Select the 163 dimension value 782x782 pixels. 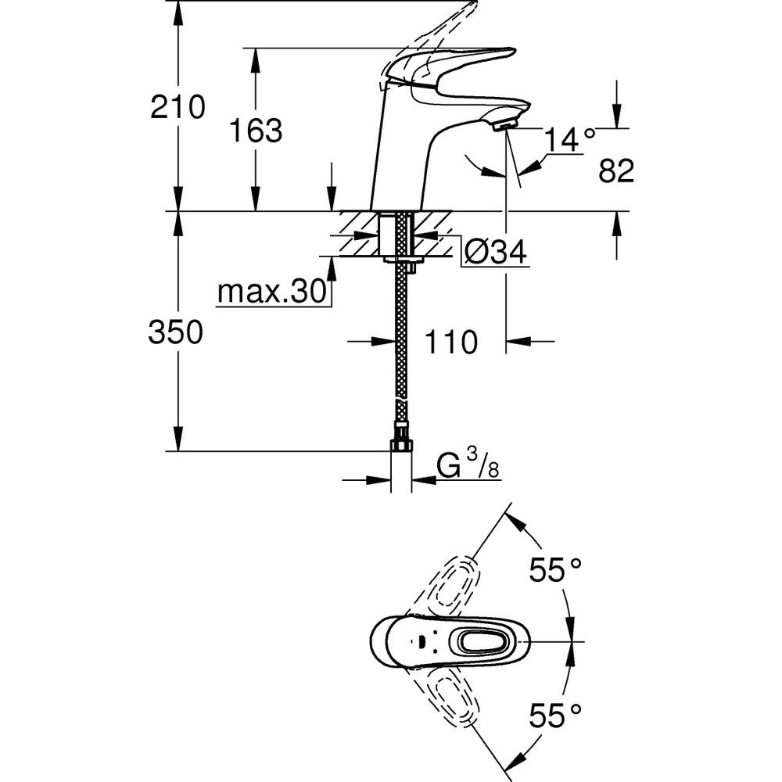(255, 131)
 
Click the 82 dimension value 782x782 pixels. (615, 171)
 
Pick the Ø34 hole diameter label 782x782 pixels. (494, 252)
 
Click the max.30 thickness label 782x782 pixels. (271, 292)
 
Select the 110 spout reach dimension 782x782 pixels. (450, 342)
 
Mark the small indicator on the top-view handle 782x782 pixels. (423, 642)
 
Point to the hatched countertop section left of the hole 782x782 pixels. (358, 233)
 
